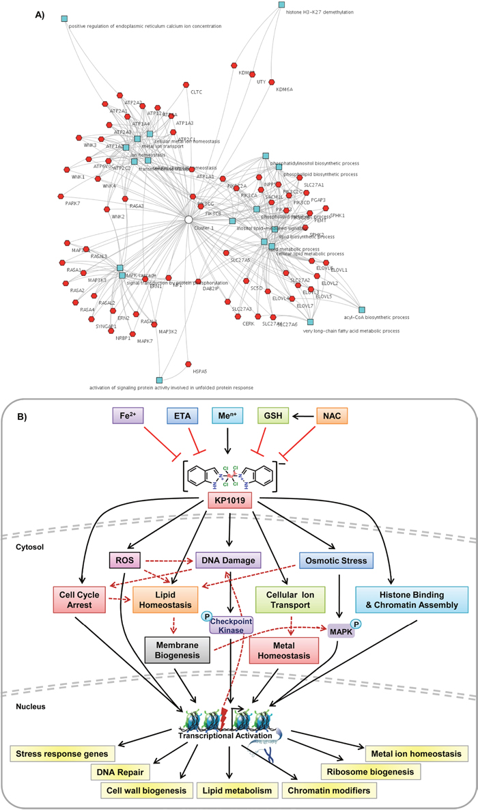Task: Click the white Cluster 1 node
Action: click(x=188, y=219)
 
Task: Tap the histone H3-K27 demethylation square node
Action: click(x=281, y=5)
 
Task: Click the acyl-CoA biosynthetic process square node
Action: click(x=361, y=310)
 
